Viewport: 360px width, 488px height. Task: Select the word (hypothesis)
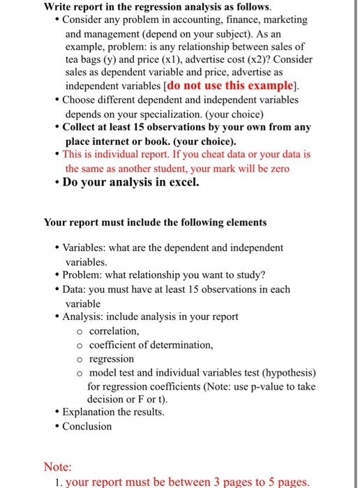pyautogui.click(x=287, y=372)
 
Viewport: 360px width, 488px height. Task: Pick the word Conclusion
pyautogui.click(x=87, y=426)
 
